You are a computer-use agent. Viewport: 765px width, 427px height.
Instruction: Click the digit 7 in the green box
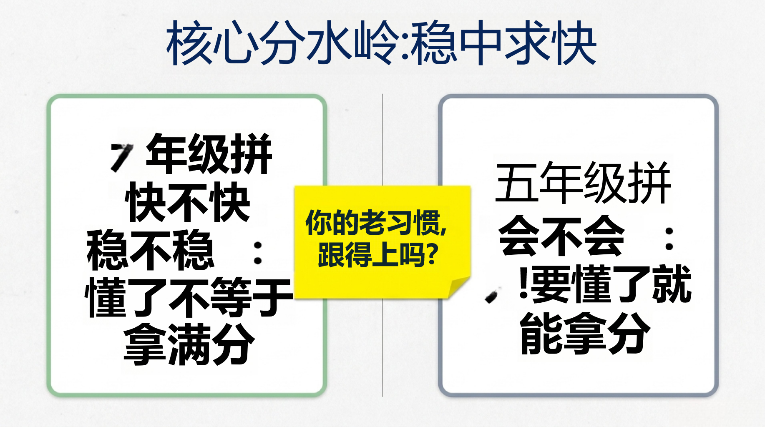121,157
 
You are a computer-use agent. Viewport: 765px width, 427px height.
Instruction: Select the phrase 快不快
187,202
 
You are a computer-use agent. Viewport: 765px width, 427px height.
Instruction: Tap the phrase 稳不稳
150,250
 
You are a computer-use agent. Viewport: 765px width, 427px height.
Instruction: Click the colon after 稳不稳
258,253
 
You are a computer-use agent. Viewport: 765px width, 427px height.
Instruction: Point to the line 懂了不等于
189,298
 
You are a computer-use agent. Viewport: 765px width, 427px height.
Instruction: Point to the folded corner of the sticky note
459,287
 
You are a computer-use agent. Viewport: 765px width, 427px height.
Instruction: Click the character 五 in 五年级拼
516,183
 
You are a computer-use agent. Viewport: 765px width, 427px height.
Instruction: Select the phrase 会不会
561,236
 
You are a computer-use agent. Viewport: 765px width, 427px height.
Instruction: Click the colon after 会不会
669,239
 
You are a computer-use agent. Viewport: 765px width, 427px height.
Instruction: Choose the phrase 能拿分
585,334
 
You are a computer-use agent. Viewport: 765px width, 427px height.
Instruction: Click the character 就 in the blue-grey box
672,284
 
